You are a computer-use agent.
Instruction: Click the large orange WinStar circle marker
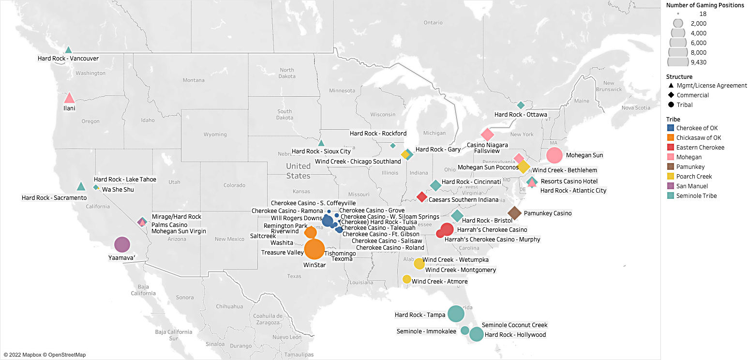[315, 249]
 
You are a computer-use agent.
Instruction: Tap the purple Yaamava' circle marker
[122, 244]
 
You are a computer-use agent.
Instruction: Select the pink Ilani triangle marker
[69, 98]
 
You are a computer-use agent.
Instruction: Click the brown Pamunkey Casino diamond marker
[514, 213]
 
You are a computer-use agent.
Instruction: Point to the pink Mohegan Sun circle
[554, 155]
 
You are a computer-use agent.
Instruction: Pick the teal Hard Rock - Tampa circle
[456, 314]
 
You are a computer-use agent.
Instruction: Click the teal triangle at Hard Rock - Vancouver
[69, 50]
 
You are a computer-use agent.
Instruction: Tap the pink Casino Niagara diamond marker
[487, 135]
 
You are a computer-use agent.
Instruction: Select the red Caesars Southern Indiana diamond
[421, 197]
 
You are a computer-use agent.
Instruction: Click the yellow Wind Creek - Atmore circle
[407, 279]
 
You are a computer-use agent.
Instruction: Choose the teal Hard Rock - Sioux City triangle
[321, 143]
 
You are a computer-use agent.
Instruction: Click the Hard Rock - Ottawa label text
[521, 115]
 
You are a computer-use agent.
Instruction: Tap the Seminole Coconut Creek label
[514, 325]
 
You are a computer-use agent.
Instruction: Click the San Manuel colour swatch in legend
[670, 186]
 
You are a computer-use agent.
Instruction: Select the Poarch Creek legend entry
[694, 177]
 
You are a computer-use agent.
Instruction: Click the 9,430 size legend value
[699, 62]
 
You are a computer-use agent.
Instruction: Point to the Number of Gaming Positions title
[705, 5]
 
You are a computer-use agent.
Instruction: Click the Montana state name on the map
[194, 80]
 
